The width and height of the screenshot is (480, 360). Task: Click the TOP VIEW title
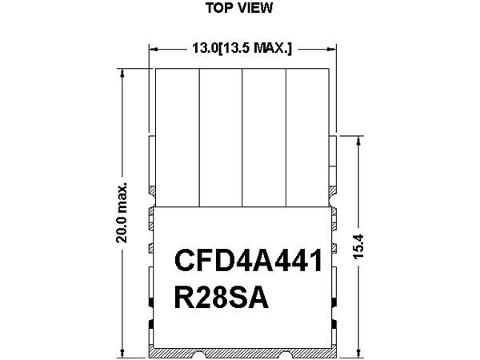(x=239, y=8)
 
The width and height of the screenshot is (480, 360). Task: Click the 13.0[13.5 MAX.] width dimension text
(x=242, y=48)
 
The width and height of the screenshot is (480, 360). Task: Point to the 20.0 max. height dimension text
(x=122, y=213)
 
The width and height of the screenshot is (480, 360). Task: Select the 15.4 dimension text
(x=358, y=246)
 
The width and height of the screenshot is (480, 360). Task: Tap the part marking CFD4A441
(x=248, y=260)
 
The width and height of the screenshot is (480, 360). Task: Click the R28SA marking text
(x=222, y=297)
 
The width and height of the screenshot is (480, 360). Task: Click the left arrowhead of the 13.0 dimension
(x=153, y=49)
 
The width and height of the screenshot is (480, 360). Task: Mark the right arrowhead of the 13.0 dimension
(x=332, y=49)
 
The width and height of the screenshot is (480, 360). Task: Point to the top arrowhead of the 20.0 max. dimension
(x=122, y=73)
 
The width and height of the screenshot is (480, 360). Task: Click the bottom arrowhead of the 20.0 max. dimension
(x=122, y=353)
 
